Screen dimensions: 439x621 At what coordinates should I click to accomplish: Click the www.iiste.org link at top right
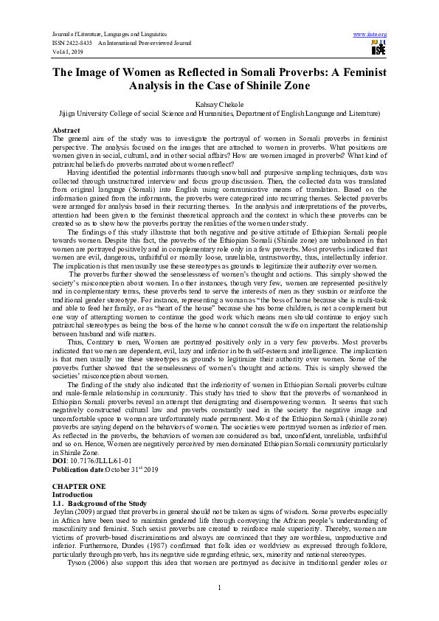click(370, 35)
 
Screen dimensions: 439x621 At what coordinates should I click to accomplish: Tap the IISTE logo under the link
click(378, 49)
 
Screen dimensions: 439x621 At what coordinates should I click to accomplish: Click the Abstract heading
click(66, 130)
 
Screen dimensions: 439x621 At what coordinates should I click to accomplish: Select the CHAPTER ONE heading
click(78, 488)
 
